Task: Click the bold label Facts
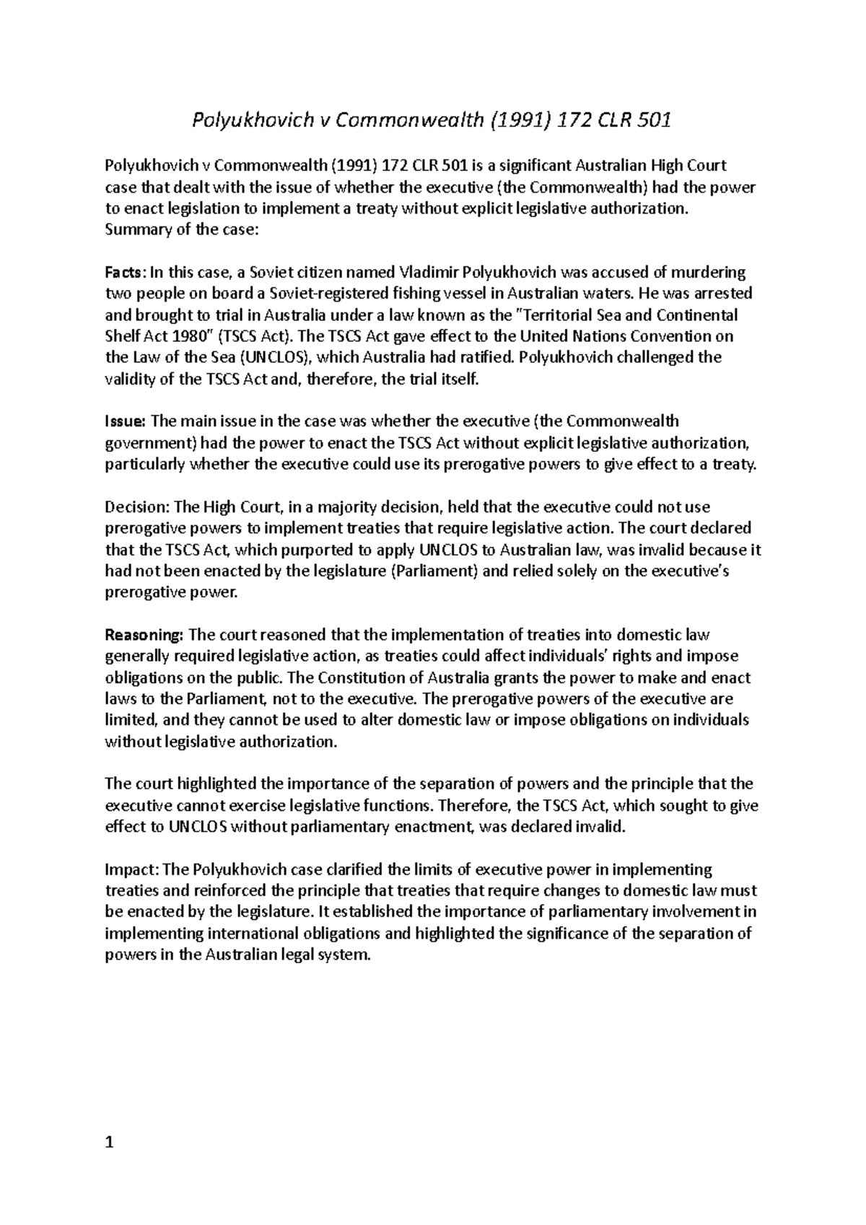[x=125, y=273]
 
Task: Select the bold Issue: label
[x=126, y=421]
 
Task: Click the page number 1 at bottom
[x=109, y=1142]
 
